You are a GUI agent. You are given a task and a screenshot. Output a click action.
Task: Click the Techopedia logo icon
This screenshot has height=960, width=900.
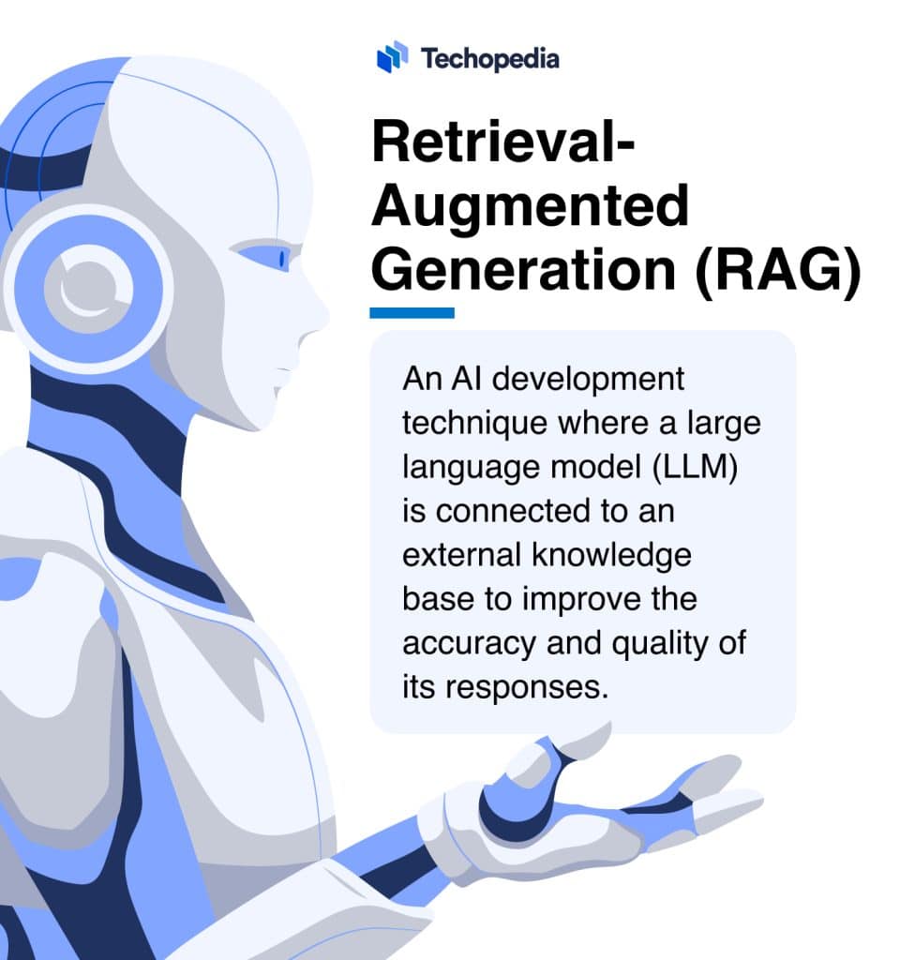[x=393, y=57]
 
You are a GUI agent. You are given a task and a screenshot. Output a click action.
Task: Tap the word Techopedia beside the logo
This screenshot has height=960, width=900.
[x=489, y=59]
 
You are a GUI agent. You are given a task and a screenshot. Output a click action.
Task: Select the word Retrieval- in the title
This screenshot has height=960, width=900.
[x=503, y=142]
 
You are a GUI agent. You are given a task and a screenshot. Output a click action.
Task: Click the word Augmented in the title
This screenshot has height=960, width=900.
[x=531, y=208]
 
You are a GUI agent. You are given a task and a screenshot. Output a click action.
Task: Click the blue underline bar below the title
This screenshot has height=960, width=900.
[x=412, y=313]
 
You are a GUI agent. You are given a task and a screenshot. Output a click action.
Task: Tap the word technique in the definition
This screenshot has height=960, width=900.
[x=474, y=424]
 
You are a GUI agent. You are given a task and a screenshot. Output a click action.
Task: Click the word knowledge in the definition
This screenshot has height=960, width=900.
[x=611, y=555]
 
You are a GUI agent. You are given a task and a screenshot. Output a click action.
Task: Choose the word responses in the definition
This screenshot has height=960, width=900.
[x=527, y=688]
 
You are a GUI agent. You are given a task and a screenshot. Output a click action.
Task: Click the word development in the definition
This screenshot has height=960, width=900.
[x=588, y=380]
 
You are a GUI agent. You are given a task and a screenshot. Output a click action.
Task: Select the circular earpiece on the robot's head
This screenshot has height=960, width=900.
[x=89, y=288]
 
